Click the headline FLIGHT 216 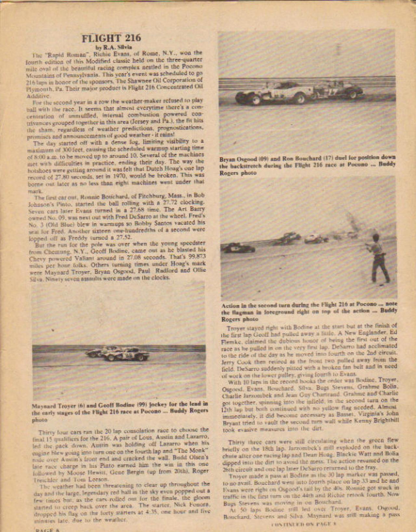pos(111,38)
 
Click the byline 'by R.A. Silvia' pos(111,47)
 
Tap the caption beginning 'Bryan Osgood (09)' pos(307,165)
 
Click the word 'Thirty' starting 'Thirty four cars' pos(46,433)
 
